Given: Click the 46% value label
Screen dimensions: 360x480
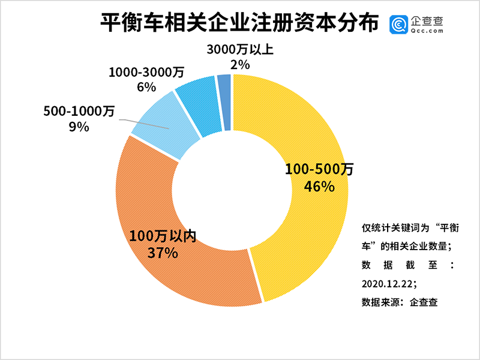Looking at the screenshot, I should (319, 187).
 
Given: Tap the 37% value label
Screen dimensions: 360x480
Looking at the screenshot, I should (163, 252).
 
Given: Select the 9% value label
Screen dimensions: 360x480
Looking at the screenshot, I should (79, 127).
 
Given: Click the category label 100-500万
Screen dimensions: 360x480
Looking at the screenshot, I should (319, 170).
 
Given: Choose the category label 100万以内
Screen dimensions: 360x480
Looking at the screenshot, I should (163, 235).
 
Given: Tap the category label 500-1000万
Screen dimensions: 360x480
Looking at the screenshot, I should (79, 112).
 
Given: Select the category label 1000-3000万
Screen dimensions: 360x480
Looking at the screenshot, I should (146, 72).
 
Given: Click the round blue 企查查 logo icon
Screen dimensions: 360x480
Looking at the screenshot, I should (399, 25).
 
